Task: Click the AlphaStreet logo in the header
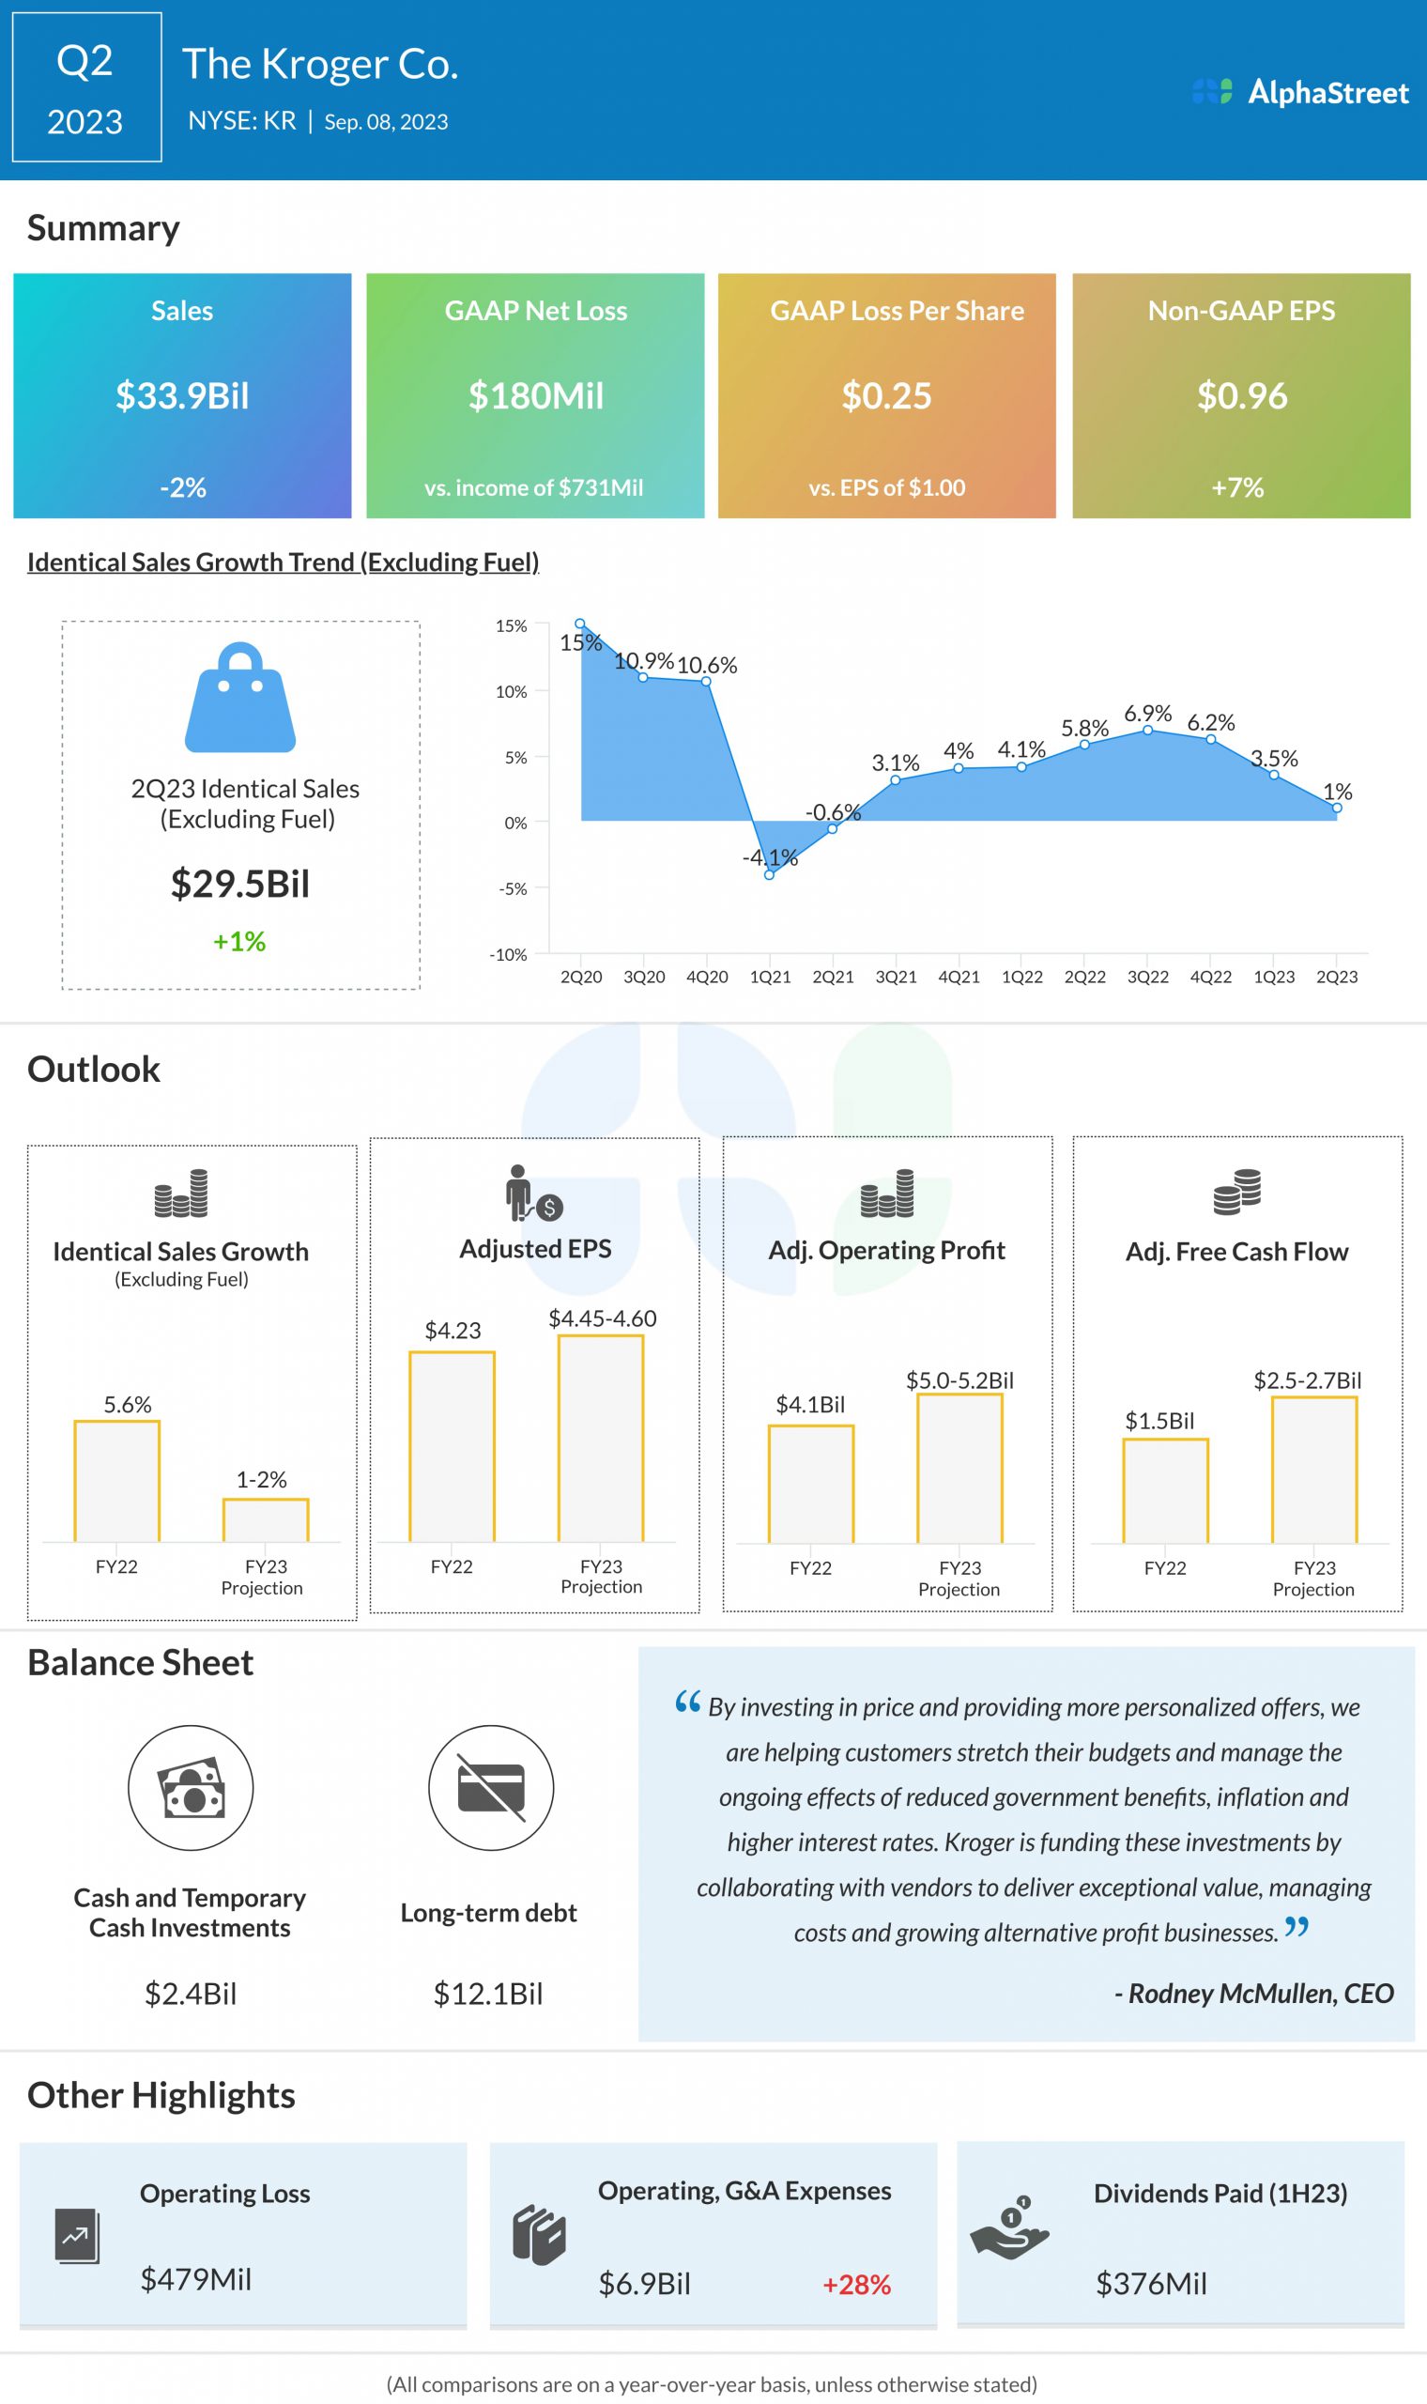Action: [1299, 92]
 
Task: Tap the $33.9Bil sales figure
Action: [182, 395]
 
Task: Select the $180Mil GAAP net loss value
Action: [536, 395]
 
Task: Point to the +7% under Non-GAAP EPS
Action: [1237, 487]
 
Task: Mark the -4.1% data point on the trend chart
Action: [769, 874]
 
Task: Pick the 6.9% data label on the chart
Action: [1147, 714]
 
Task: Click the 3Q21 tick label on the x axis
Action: [896, 977]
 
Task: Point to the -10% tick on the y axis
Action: [508, 955]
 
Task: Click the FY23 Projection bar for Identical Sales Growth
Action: [266, 1519]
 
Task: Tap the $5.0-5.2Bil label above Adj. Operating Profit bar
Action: [959, 1379]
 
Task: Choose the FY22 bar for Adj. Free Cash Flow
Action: [1165, 1490]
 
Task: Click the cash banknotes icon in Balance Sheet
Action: [192, 1788]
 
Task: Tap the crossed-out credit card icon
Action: [490, 1788]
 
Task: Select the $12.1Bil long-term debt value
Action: [488, 1994]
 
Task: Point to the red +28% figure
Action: [856, 2284]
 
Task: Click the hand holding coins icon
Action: [1009, 2227]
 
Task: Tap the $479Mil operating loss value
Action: [196, 2279]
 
